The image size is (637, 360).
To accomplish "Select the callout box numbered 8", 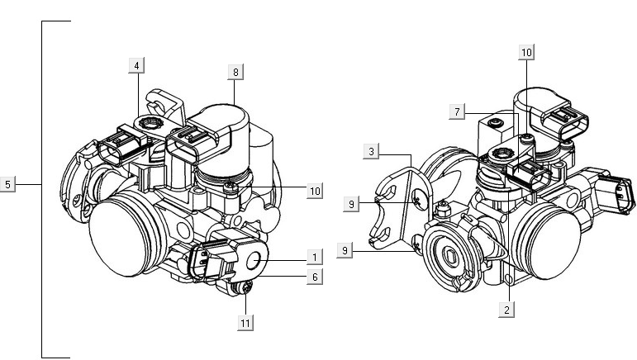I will [235, 73].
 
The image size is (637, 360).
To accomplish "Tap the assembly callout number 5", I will [8, 184].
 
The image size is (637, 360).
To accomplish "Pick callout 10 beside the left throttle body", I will [314, 191].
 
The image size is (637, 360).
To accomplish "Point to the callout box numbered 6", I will [314, 277].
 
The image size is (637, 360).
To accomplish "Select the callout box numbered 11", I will [245, 323].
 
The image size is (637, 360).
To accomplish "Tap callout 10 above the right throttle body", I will [526, 52].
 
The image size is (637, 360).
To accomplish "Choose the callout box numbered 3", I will [373, 151].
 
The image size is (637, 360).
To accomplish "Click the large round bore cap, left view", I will [121, 232].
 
